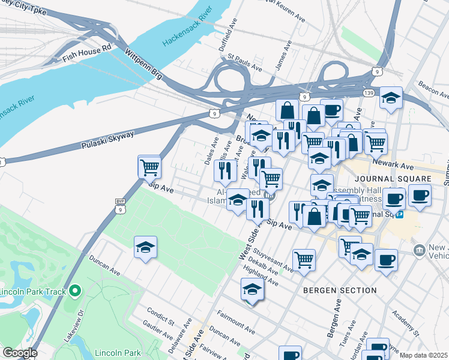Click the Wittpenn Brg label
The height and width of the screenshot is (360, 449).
tap(143, 63)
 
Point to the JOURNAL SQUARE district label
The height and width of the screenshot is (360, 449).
tap(402, 179)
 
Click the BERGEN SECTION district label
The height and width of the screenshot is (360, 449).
tap(340, 290)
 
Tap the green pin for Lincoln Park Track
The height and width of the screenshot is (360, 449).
tap(74, 292)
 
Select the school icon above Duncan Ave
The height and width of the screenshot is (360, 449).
tap(145, 247)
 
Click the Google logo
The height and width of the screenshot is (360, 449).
tap(20, 353)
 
